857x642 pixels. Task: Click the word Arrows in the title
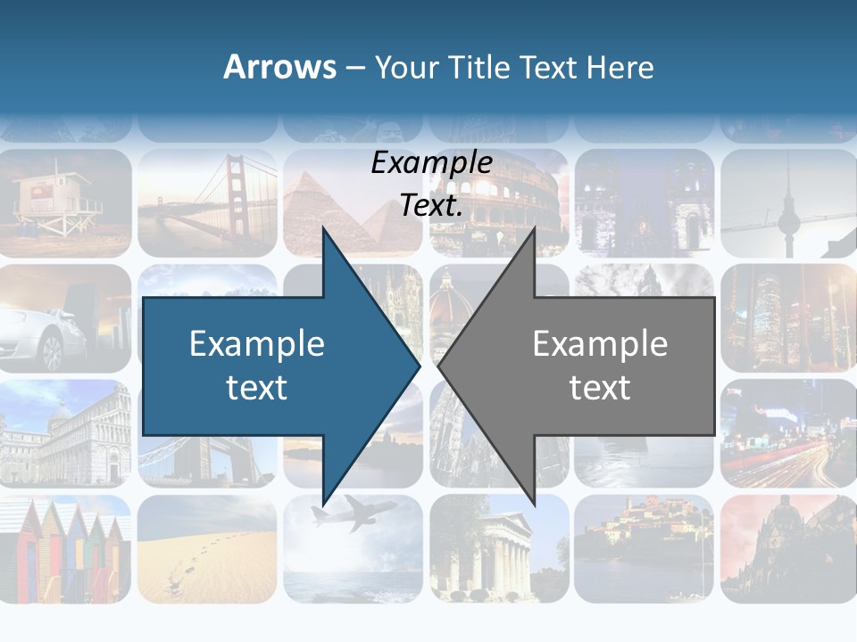click(279, 67)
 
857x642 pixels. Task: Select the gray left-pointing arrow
click(589, 366)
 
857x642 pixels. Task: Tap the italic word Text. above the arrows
click(431, 205)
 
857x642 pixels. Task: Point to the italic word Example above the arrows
click(431, 163)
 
